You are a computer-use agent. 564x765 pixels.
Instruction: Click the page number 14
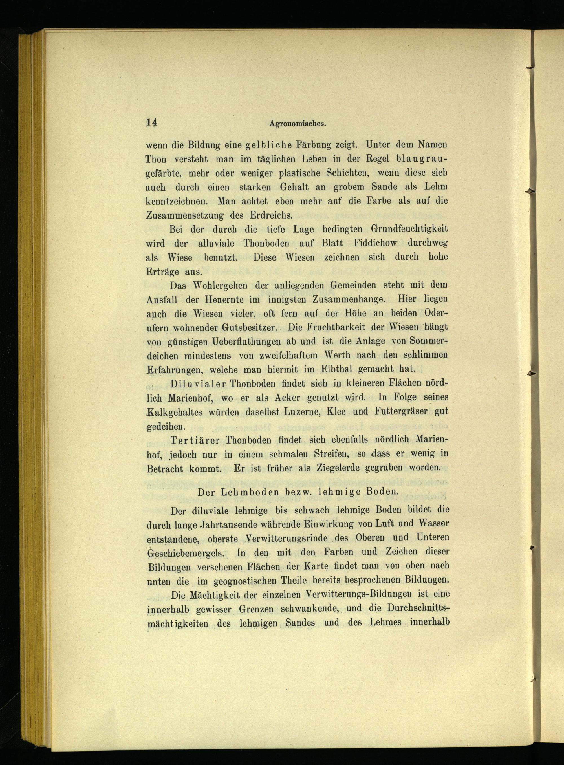[x=151, y=123]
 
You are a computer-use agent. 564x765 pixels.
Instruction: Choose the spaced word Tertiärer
[x=197, y=440]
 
